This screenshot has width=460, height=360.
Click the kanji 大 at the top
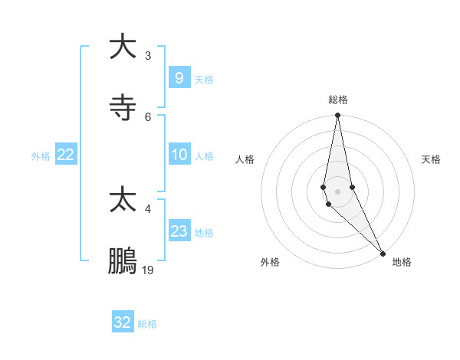pos(123,47)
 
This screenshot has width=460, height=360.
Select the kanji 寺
pos(123,108)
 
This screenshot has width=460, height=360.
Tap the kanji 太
pos(123,200)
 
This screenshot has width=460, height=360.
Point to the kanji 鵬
pos(123,261)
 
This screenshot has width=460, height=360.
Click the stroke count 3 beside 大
pos(147,55)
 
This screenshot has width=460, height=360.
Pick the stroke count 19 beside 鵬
pos(148,270)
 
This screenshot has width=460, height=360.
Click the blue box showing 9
pos(179,77)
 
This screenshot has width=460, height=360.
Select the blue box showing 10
pos(179,155)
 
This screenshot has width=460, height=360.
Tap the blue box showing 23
pos(179,231)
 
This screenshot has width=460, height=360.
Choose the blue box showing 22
pos(66,155)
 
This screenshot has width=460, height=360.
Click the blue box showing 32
pos(123,322)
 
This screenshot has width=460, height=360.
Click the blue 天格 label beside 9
pos(204,79)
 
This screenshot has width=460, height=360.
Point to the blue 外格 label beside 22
pos(41,156)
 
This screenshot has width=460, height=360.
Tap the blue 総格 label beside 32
pos(147,324)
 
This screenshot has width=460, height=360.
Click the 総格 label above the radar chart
pos(338,100)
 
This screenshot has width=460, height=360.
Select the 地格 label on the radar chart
pos(402,262)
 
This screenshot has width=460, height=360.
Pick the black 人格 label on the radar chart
pos(245,159)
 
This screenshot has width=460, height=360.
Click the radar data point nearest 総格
pos(337,116)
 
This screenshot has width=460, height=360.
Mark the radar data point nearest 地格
pos(383,253)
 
